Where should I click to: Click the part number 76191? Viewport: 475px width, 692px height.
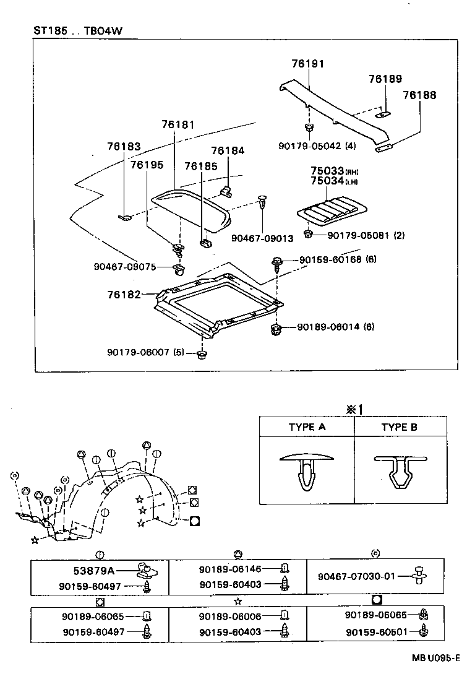tap(308, 64)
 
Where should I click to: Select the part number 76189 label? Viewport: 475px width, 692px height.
tap(385, 79)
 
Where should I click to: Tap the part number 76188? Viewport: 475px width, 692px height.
tap(419, 95)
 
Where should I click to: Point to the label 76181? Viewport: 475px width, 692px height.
tap(178, 125)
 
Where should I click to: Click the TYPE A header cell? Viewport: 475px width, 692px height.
tap(307, 427)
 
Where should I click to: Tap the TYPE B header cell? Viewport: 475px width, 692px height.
tap(399, 427)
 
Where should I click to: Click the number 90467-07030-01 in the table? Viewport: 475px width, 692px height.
tap(356, 576)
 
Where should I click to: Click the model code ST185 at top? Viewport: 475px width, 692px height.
tap(50, 30)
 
